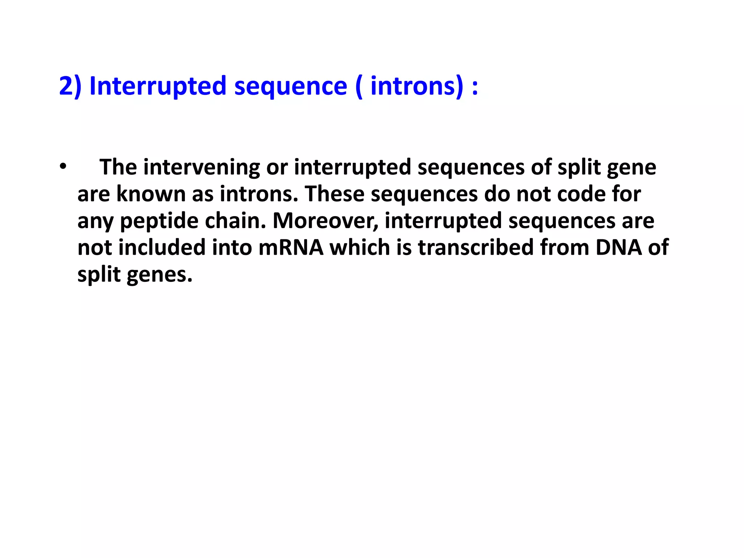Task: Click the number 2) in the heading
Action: (x=70, y=86)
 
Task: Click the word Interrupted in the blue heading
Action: (x=158, y=86)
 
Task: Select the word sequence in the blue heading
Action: (x=291, y=86)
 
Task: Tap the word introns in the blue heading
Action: (x=412, y=86)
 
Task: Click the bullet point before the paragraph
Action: (x=63, y=167)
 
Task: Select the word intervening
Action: (x=202, y=167)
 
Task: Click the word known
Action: (x=151, y=194)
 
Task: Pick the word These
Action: (x=335, y=194)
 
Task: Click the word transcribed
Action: (x=476, y=247)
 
